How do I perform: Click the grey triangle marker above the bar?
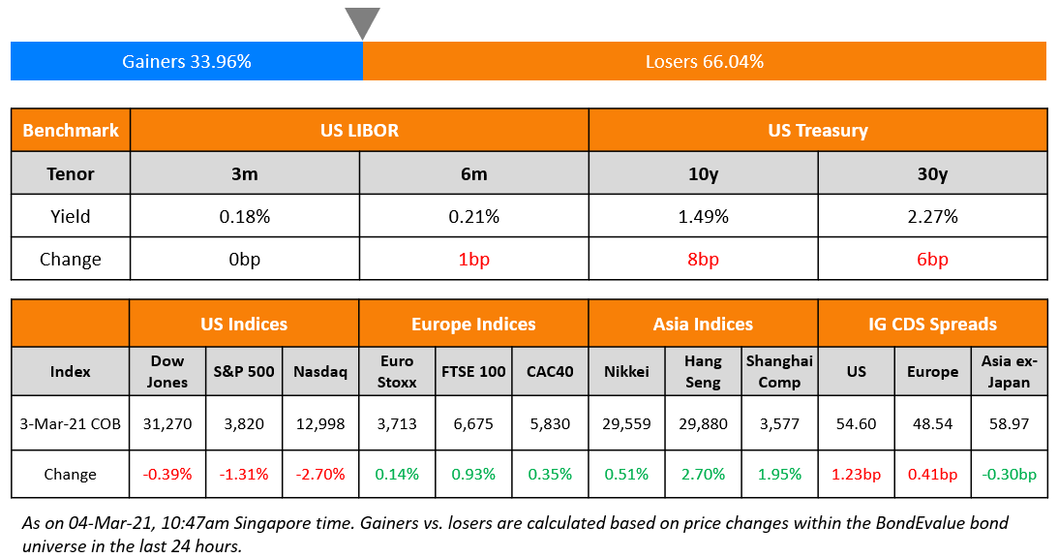tap(362, 21)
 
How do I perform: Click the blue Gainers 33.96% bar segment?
tap(187, 62)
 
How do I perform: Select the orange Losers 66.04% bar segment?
tap(705, 62)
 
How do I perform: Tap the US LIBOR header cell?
tap(359, 130)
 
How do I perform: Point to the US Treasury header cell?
tap(817, 130)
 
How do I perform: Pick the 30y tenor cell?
tap(931, 173)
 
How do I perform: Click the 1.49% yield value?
tap(703, 216)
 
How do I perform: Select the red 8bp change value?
tap(703, 259)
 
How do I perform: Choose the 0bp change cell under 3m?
tap(245, 259)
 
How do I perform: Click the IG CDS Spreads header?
tap(931, 324)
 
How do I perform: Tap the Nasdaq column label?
tap(320, 371)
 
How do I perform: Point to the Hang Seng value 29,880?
tap(703, 423)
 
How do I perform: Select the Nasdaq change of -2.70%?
tap(320, 475)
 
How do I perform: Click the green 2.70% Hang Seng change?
tap(703, 475)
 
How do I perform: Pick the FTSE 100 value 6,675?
tap(473, 423)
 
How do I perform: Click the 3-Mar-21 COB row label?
tap(70, 423)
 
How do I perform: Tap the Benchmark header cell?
tap(70, 130)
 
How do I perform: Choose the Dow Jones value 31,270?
tap(166, 423)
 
